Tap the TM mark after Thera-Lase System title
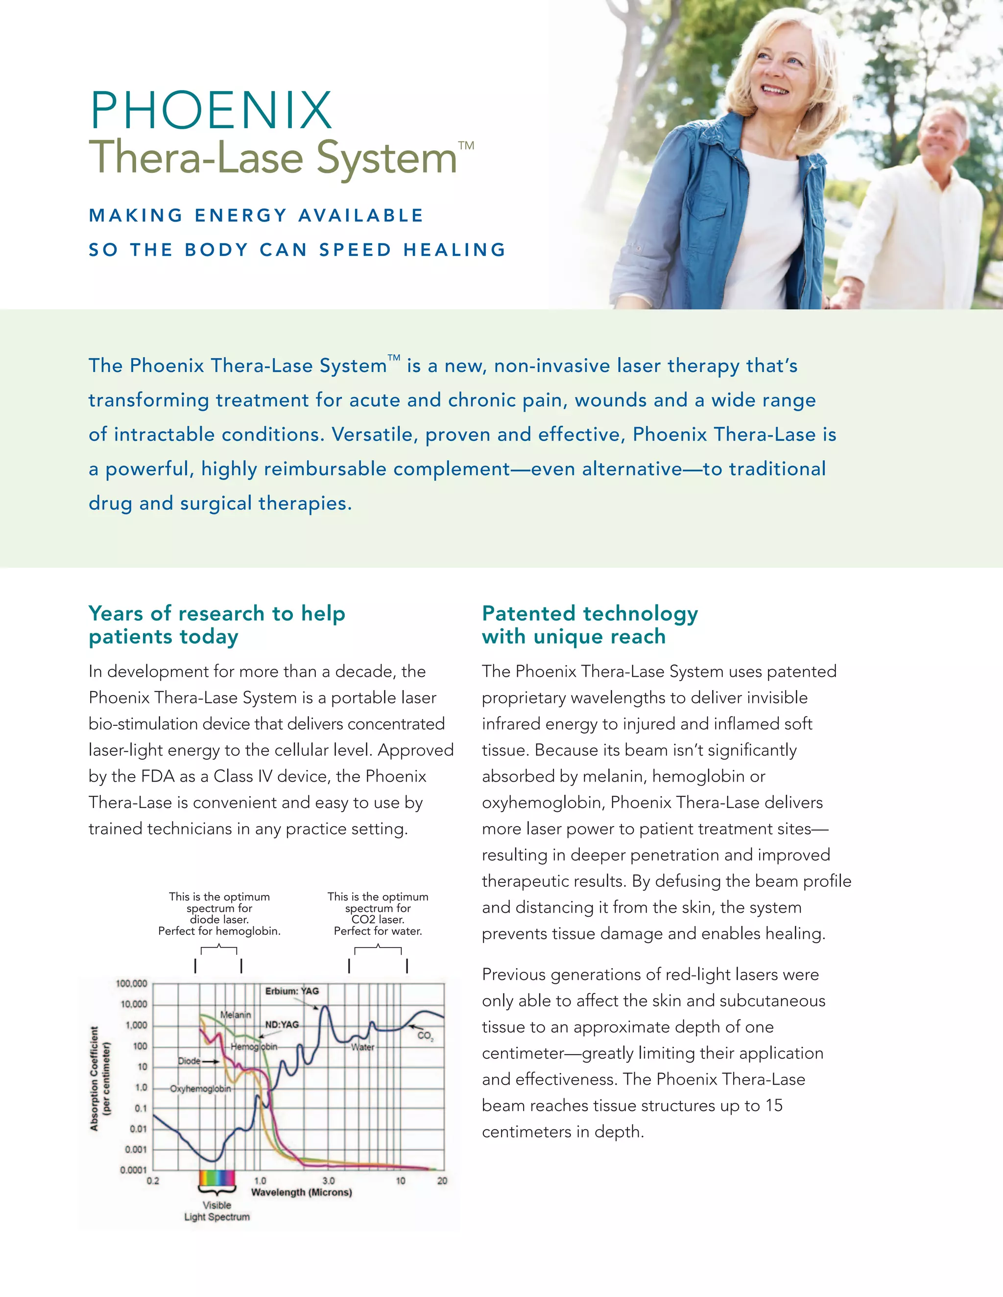pos(466,145)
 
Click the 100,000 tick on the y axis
pos(131,983)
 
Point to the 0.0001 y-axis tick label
pos(133,1170)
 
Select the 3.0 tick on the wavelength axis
pos(329,1181)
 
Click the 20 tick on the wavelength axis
pos(442,1181)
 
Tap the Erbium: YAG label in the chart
pos(292,991)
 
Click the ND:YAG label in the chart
pos(282,1024)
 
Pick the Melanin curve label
pos(235,1015)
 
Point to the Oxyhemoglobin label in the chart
pos(200,1089)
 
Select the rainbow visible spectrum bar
pos(217,1178)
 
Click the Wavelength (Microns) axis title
pos(301,1192)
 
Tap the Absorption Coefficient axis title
pos(100,1078)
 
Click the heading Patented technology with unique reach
pos(590,625)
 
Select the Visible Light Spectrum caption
pos(217,1211)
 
